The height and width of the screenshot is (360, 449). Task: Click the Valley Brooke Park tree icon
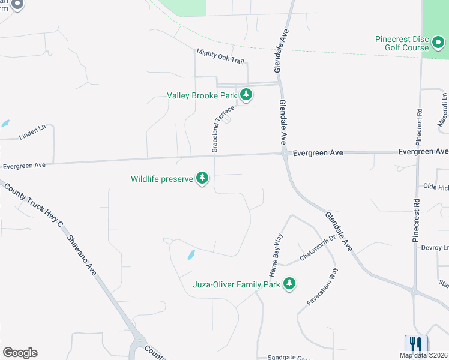246,95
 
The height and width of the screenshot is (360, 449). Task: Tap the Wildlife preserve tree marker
203,178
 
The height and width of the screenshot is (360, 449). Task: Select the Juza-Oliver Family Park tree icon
289,284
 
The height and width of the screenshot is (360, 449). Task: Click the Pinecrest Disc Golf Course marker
438,43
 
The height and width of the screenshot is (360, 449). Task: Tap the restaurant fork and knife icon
416,344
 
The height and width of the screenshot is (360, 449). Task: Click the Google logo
20,353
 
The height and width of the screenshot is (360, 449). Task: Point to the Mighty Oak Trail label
220,57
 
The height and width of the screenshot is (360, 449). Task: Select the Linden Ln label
32,132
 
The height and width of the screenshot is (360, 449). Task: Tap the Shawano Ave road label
81,250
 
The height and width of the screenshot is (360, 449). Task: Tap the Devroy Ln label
435,247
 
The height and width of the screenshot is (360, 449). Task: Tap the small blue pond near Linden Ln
5,123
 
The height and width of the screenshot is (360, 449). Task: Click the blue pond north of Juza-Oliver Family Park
191,255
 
